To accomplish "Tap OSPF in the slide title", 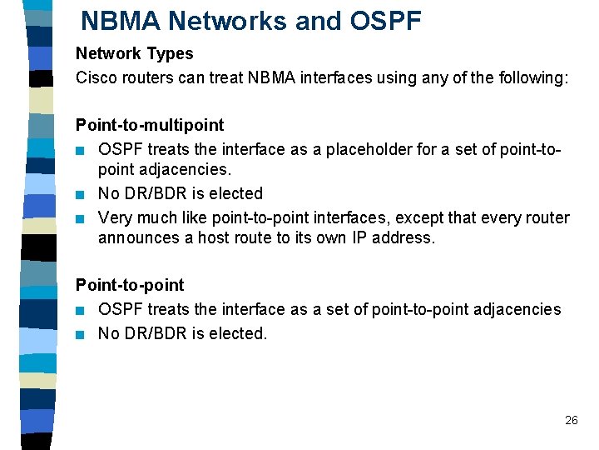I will (383, 21).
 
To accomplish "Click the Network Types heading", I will (134, 53).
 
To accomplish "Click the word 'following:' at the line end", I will (534, 77).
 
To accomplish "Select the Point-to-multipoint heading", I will (150, 125).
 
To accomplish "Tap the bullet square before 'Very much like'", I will (81, 219).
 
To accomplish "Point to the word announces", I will (135, 237).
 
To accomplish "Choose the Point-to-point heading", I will (130, 285).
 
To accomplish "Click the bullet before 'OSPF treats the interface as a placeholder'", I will (81, 151).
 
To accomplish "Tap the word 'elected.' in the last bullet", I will (240, 333).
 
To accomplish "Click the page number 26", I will (571, 420).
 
